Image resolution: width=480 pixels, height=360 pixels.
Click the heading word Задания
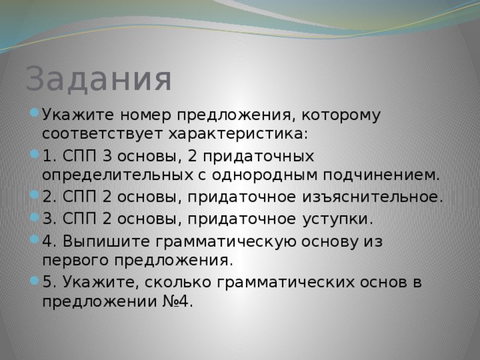tap(98, 79)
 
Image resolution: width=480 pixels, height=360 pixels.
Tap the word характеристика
tap(238, 133)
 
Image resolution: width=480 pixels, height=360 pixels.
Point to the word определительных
tap(118, 175)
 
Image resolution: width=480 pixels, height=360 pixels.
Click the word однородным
tap(265, 175)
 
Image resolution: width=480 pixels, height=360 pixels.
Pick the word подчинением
tap(381, 175)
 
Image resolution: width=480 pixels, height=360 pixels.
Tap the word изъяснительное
tap(373, 196)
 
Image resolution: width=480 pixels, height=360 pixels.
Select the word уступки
tap(338, 219)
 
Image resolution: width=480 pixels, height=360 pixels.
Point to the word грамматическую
tap(226, 242)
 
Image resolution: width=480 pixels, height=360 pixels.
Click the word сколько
tap(178, 282)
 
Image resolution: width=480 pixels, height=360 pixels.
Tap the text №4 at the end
tap(177, 301)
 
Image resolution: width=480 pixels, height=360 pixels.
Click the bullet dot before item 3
tap(34, 217)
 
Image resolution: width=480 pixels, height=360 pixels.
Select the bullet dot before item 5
tap(34, 280)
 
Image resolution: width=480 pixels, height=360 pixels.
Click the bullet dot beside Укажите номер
tap(34, 112)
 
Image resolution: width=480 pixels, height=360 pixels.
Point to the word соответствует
tap(102, 134)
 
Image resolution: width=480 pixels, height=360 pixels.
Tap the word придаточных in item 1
tap(258, 157)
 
